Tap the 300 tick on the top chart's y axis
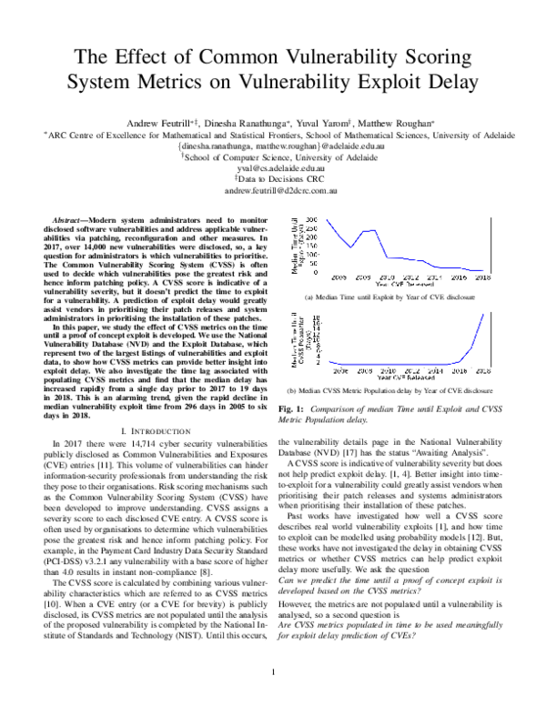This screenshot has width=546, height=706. [311, 220]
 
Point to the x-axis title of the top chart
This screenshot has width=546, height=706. [408, 284]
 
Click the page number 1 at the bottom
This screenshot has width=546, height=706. [273, 672]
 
